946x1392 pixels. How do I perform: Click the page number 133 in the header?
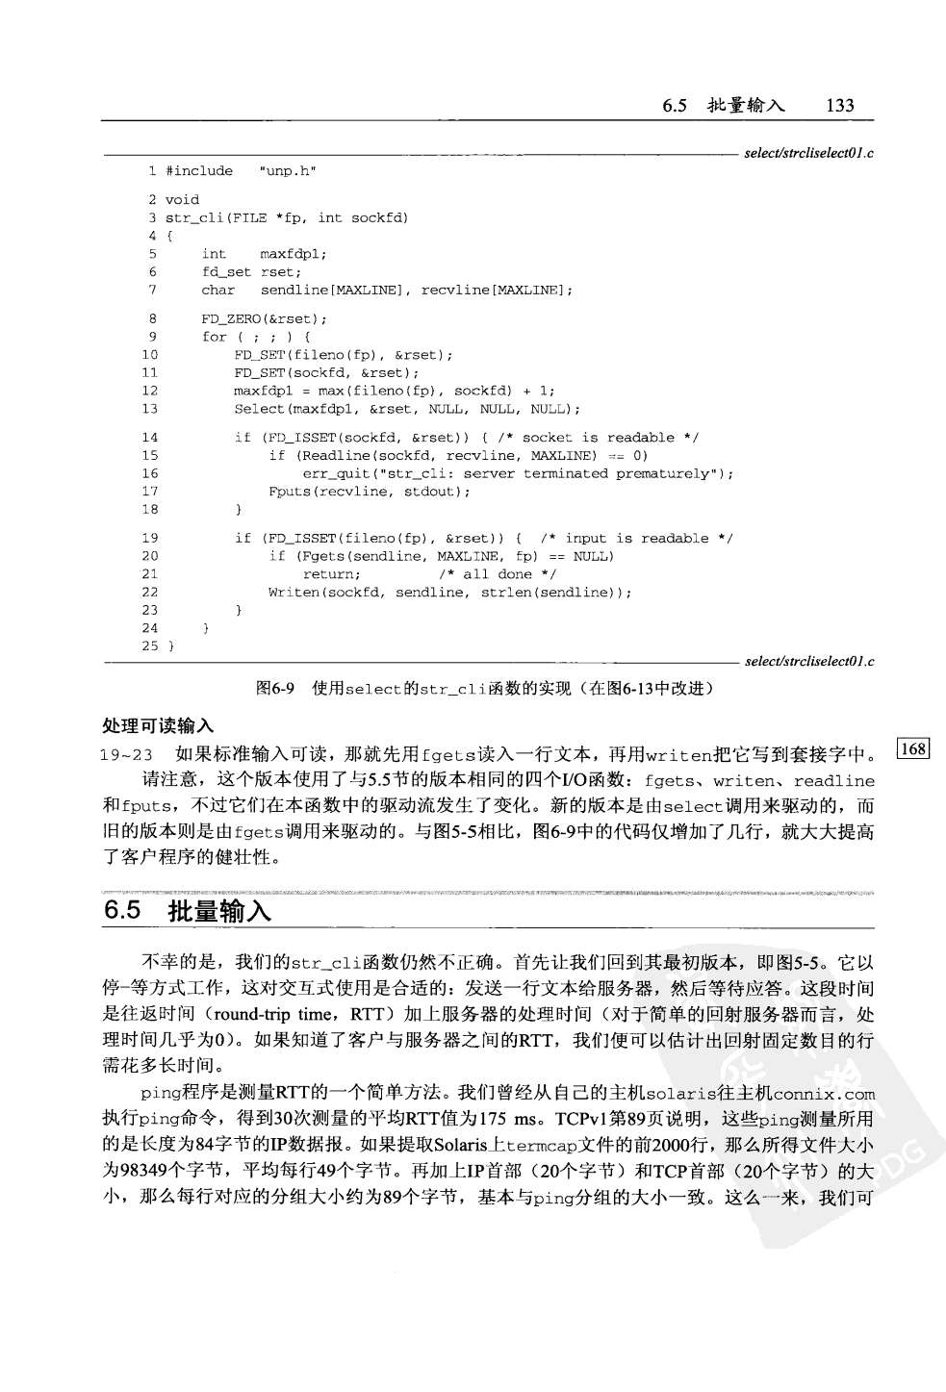point(839,105)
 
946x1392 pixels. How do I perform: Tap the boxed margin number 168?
point(913,748)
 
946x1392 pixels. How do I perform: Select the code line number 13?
point(149,409)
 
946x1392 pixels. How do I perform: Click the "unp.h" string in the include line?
point(288,171)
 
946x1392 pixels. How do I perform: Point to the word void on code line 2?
point(182,200)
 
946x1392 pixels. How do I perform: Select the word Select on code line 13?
point(259,409)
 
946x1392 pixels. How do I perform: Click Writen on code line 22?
point(294,593)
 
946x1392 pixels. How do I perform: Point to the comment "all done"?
point(498,574)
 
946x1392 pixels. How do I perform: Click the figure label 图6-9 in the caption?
point(275,689)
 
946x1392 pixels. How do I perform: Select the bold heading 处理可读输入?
point(158,725)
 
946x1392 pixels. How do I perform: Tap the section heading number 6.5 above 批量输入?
point(122,910)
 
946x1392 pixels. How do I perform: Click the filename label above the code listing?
point(809,153)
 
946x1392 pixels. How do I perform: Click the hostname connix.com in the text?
point(824,1094)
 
